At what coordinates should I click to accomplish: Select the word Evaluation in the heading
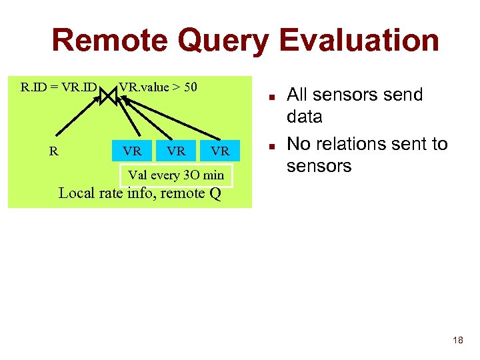point(359,40)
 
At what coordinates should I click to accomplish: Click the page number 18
point(457,341)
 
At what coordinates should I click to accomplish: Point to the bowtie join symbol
point(108,95)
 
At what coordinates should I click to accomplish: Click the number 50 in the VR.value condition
point(190,87)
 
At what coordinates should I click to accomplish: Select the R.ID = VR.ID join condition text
point(59,87)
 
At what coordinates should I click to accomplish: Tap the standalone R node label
point(53,151)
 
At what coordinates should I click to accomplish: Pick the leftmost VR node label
point(132,151)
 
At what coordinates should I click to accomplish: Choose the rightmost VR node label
point(220,151)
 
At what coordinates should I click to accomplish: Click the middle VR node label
point(176,151)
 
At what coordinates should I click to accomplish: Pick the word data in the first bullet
point(304,117)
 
